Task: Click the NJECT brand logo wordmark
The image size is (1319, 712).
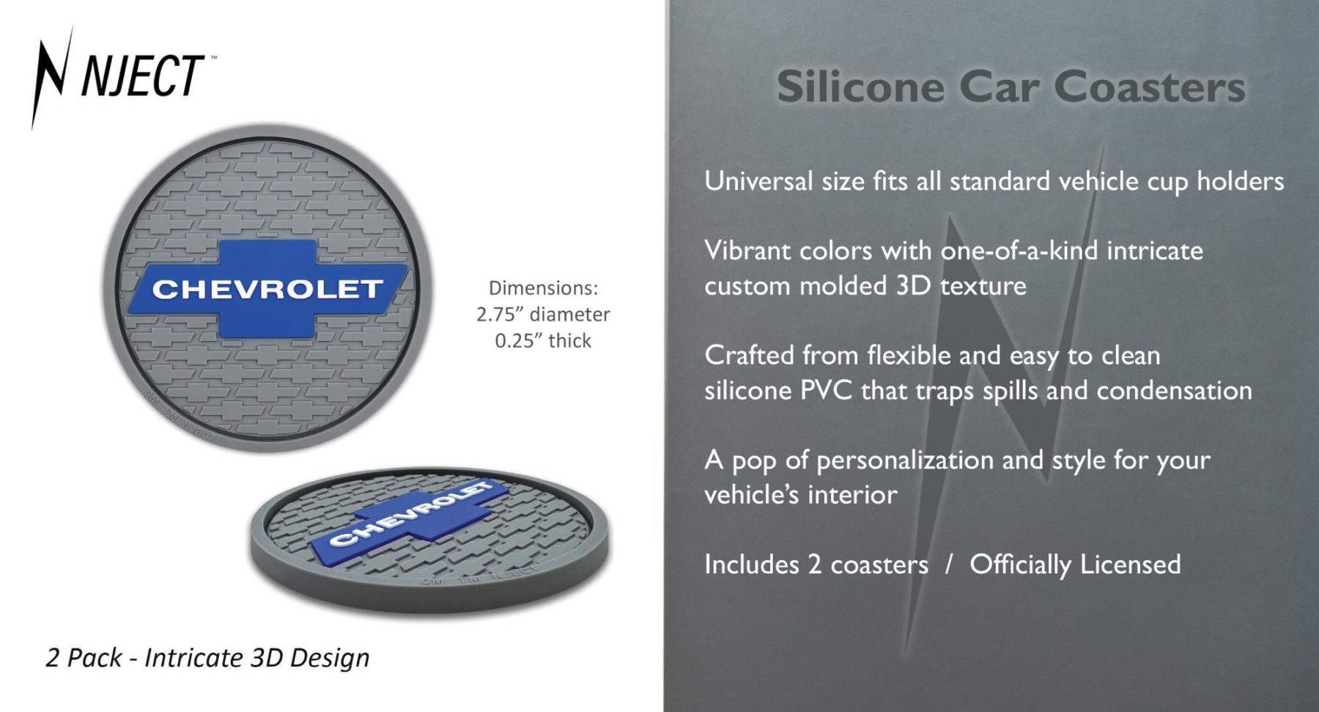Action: coord(142,75)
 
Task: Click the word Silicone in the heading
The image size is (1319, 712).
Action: coord(861,87)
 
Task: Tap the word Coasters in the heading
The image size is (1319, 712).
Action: coord(1150,87)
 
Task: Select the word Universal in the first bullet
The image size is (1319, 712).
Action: coord(758,180)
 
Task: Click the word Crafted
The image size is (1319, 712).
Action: coord(749,355)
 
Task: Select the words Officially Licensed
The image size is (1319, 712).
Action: coord(1075,565)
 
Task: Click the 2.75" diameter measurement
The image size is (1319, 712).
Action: coord(543,315)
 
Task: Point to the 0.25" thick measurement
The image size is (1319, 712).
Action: coord(543,341)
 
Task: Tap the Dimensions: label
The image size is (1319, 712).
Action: coord(543,287)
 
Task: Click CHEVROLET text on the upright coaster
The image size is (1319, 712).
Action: coord(267,289)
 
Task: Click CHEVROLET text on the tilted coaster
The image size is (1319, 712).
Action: coord(411,514)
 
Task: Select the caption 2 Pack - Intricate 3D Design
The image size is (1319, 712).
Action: coord(207,658)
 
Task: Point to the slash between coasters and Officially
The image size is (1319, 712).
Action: coord(949,565)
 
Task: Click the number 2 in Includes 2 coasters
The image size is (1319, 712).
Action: coord(814,565)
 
